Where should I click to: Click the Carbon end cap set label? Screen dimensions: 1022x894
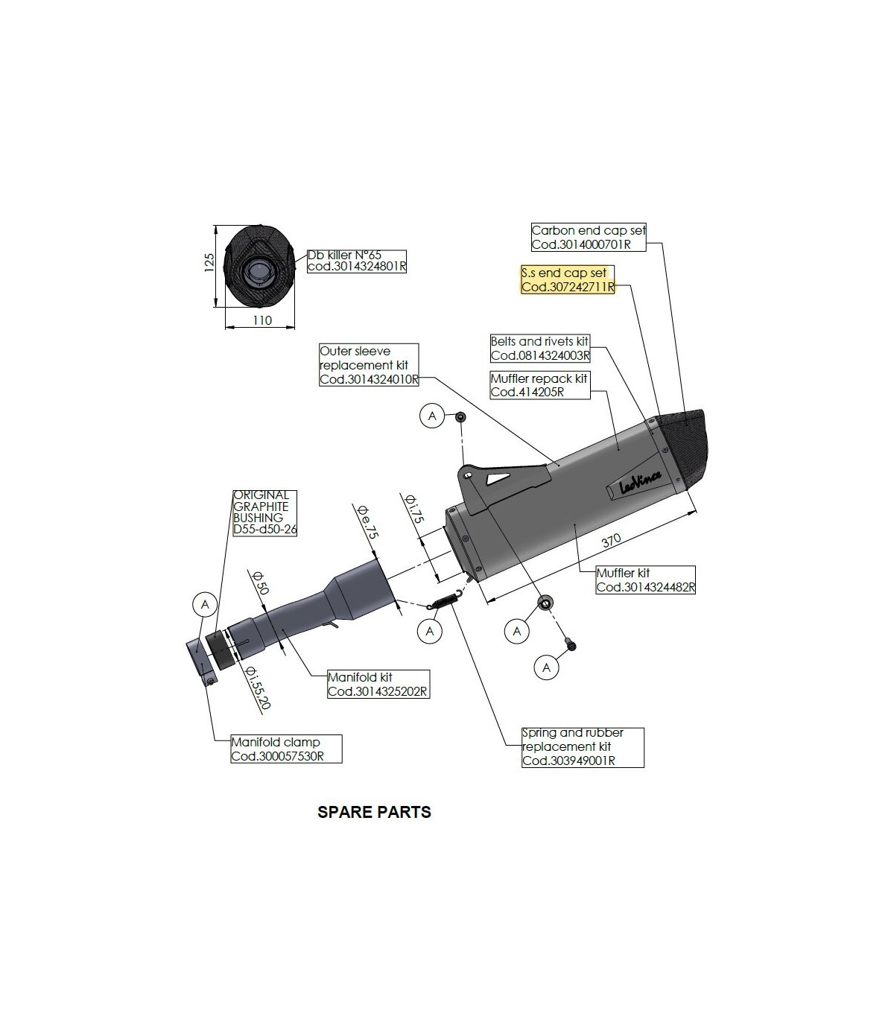pyautogui.click(x=589, y=238)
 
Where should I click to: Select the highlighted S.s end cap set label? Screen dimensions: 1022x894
pyautogui.click(x=567, y=280)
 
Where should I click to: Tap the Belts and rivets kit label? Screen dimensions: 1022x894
pyautogui.click(x=539, y=349)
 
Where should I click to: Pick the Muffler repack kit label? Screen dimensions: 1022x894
pyautogui.click(x=539, y=385)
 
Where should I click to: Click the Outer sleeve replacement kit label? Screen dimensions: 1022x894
pyautogui.click(x=368, y=365)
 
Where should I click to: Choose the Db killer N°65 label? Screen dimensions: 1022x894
pyautogui.click(x=356, y=261)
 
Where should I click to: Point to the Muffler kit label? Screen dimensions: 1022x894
pyautogui.click(x=645, y=580)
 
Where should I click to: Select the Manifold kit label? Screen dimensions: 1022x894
pyautogui.click(x=377, y=685)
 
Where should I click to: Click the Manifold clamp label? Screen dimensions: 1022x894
pyautogui.click(x=285, y=749)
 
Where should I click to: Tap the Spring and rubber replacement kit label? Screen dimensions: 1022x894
pyautogui.click(x=582, y=746)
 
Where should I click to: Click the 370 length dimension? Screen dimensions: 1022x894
pyautogui.click(x=610, y=542)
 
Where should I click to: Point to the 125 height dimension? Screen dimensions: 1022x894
pyautogui.click(x=209, y=261)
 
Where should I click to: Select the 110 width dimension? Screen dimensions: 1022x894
pyautogui.click(x=261, y=320)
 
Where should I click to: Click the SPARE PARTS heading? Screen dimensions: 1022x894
pyautogui.click(x=374, y=812)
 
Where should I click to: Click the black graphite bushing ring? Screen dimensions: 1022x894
pyautogui.click(x=220, y=649)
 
